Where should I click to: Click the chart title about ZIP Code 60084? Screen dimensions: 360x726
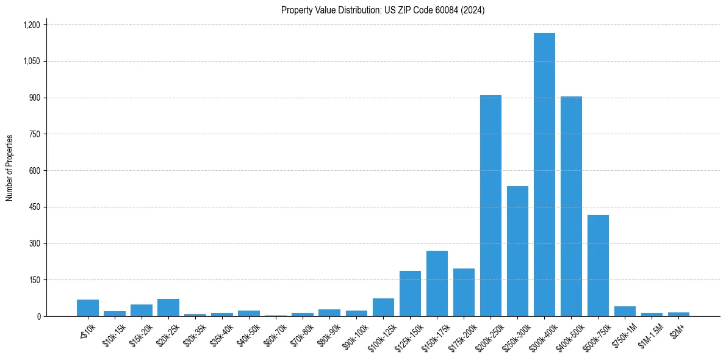coord(383,10)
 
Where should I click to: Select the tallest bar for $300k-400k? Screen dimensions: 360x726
coord(544,175)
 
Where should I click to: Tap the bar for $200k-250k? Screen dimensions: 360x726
coord(491,206)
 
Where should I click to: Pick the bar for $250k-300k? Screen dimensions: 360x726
coord(517,251)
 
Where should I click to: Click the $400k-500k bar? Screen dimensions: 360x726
coord(571,206)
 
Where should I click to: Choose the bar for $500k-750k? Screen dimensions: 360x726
coord(598,265)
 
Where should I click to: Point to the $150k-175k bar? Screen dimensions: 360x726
coord(437,283)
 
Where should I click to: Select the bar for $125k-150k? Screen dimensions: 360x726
coord(410,293)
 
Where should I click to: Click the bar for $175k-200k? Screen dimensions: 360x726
coord(464,292)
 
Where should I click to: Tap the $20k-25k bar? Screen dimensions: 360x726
coord(168,308)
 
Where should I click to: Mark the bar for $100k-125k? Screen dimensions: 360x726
coord(383,307)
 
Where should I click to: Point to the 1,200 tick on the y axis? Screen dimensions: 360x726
coord(31,25)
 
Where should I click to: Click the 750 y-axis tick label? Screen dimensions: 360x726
coord(34,134)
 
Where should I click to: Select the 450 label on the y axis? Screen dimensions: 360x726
coord(34,207)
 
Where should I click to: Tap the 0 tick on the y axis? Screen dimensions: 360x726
coord(38,316)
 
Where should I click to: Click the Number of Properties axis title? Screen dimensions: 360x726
coord(10,168)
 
